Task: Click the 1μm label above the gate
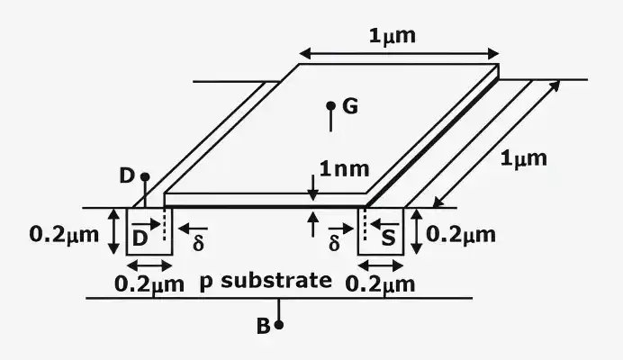click(393, 37)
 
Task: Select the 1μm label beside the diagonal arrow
click(523, 159)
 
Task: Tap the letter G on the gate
click(350, 106)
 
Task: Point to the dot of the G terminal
click(330, 105)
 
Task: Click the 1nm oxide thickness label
click(345, 169)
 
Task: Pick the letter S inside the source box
click(389, 238)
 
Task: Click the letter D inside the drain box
click(140, 238)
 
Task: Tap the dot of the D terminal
click(145, 176)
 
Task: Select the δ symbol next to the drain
click(198, 243)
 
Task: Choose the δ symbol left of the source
click(334, 243)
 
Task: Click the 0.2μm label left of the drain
click(64, 235)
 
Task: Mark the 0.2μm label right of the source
click(461, 235)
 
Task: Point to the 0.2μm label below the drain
click(149, 284)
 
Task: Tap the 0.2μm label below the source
click(380, 284)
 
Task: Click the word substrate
click(276, 281)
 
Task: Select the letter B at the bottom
click(264, 326)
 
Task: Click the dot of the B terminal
click(279, 325)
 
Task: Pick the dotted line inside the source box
click(365, 225)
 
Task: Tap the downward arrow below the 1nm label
click(313, 187)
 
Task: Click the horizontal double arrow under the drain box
click(149, 265)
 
